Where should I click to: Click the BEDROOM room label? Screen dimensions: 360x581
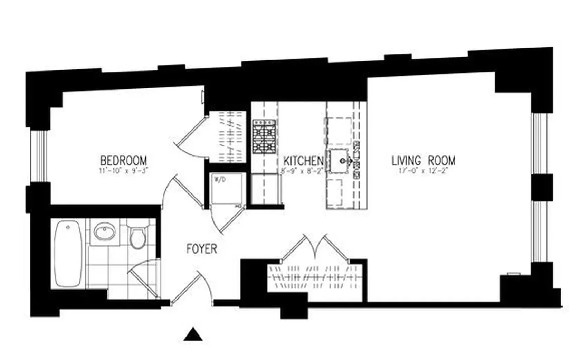click(123, 161)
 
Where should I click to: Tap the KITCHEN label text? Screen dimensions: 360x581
click(303, 161)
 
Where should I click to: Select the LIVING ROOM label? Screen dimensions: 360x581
click(423, 161)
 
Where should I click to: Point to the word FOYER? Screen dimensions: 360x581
click(202, 249)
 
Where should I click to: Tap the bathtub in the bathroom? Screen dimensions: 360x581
click(68, 254)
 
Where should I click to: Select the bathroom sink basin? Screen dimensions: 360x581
click(105, 231)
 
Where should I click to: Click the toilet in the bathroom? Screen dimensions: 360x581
click(137, 237)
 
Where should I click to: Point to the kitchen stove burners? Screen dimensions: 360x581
click(264, 136)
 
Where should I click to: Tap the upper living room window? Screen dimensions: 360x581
click(539, 143)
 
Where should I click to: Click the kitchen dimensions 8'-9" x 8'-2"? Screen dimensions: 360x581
click(302, 171)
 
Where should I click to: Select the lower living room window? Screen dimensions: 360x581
click(539, 231)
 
